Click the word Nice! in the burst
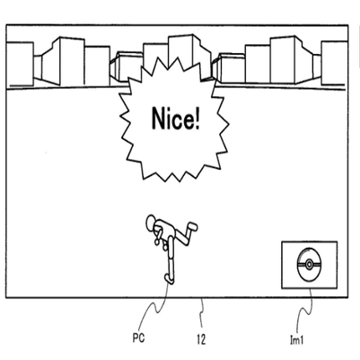pyautogui.click(x=176, y=119)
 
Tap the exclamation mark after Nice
pyautogui.click(x=197, y=119)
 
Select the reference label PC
pyautogui.click(x=138, y=338)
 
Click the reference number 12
pyautogui.click(x=201, y=339)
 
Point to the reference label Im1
pyautogui.click(x=297, y=339)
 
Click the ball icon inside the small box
pyautogui.click(x=309, y=265)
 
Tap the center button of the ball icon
pyautogui.click(x=309, y=265)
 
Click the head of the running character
pyautogui.click(x=152, y=222)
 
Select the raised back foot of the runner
pyautogui.click(x=191, y=226)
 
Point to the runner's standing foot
pyautogui.click(x=169, y=279)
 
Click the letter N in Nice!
pyautogui.click(x=159, y=119)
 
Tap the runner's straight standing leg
pyautogui.click(x=171, y=256)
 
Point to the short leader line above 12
pyautogui.click(x=202, y=313)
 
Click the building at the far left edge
pyautogui.click(x=20, y=64)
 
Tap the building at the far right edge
pyautogui.click(x=334, y=63)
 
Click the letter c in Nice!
pyautogui.click(x=179, y=121)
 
